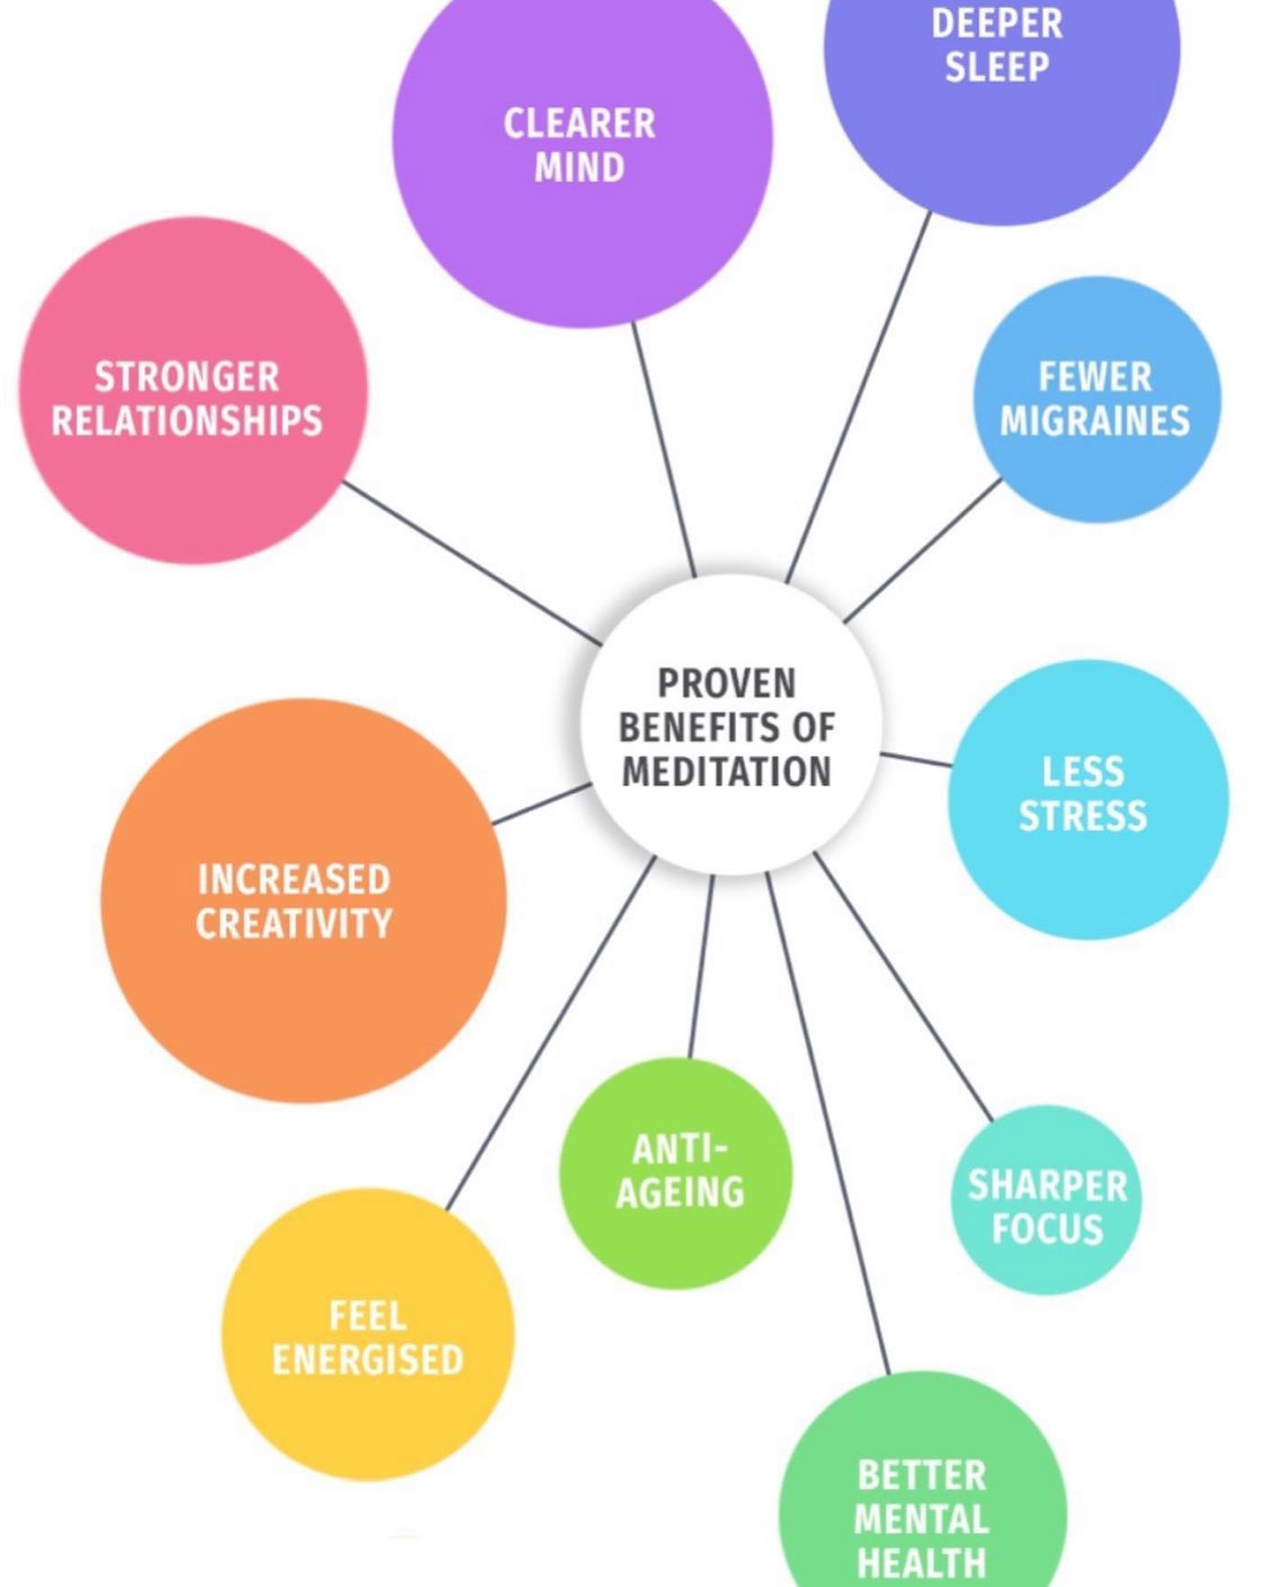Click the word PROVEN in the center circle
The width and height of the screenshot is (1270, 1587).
click(x=726, y=683)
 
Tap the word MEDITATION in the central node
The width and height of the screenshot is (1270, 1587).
click(x=726, y=772)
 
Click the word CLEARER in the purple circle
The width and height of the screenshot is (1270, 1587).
click(x=579, y=124)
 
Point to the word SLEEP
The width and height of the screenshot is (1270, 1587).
click(x=996, y=67)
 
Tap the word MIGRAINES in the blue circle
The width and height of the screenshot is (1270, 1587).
click(x=1095, y=421)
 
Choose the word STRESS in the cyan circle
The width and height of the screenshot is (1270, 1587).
click(x=1083, y=816)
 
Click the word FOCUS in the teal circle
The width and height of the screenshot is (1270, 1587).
click(x=1048, y=1228)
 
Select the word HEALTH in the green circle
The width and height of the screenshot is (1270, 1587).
click(x=921, y=1563)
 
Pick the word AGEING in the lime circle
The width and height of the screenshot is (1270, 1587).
click(x=680, y=1192)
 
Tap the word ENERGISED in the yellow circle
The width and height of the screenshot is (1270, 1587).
click(x=368, y=1359)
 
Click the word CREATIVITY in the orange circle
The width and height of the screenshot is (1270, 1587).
click(x=294, y=923)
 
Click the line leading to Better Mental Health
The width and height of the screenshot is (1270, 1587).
click(x=826, y=1120)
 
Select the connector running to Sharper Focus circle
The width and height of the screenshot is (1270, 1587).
click(x=903, y=986)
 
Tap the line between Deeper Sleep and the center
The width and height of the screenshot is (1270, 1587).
click(x=858, y=397)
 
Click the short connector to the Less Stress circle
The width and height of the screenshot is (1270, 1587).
click(x=916, y=759)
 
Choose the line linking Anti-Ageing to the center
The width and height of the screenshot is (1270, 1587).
click(x=701, y=966)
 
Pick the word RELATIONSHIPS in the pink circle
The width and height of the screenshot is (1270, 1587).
click(x=187, y=421)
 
